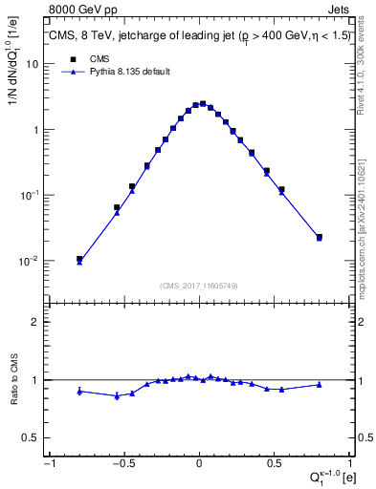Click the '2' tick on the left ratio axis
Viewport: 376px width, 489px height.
[x=34, y=322]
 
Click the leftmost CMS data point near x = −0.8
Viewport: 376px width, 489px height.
[x=79, y=259]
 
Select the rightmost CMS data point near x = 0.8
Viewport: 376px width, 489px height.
[x=319, y=237]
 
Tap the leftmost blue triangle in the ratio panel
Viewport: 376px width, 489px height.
[x=79, y=391]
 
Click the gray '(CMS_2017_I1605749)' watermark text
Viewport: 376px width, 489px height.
[x=198, y=286]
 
